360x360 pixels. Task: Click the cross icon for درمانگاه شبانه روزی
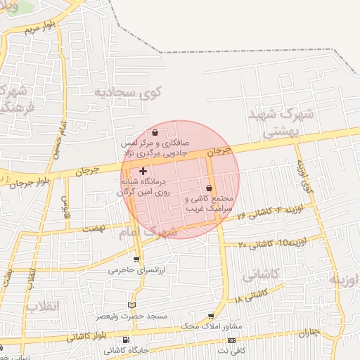[143, 171]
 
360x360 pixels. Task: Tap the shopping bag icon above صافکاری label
[155, 132]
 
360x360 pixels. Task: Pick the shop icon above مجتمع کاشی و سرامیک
[210, 188]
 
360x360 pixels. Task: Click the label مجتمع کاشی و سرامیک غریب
[210, 204]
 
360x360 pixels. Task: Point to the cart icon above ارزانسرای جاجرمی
[136, 259]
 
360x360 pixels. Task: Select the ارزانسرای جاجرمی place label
[136, 270]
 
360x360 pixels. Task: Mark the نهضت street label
[94, 229]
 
